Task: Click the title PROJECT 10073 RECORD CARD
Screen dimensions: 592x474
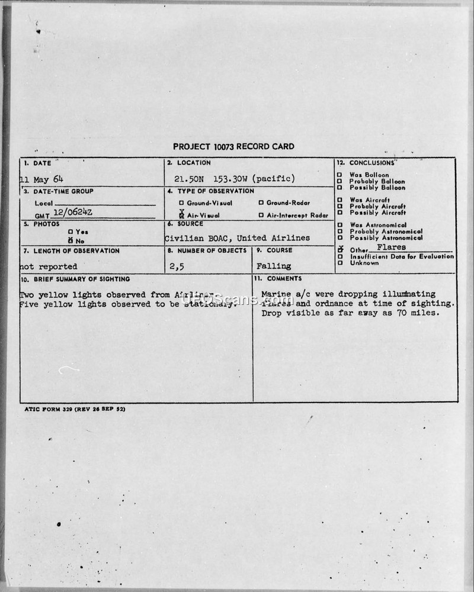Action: (x=233, y=147)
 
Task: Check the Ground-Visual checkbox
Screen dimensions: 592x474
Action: (x=181, y=203)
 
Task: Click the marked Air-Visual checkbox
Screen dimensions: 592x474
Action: (x=181, y=215)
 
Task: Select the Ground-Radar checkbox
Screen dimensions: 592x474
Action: (x=261, y=203)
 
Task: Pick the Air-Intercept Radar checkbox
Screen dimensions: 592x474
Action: (x=261, y=215)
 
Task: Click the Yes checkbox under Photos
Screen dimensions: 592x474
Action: (x=70, y=232)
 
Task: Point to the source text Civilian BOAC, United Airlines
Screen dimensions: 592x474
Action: (x=237, y=238)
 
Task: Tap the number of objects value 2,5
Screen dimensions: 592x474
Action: (x=177, y=266)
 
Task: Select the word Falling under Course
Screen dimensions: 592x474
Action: (x=274, y=266)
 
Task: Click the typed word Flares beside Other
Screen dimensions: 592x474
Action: (x=395, y=247)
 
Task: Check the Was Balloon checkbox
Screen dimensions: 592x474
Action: (x=340, y=175)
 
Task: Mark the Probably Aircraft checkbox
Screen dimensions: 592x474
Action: (x=340, y=207)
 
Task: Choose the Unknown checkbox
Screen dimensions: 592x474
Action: (x=340, y=263)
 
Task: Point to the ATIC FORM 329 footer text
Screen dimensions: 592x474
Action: (x=75, y=409)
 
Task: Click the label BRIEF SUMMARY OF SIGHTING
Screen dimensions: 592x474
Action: (x=75, y=279)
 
